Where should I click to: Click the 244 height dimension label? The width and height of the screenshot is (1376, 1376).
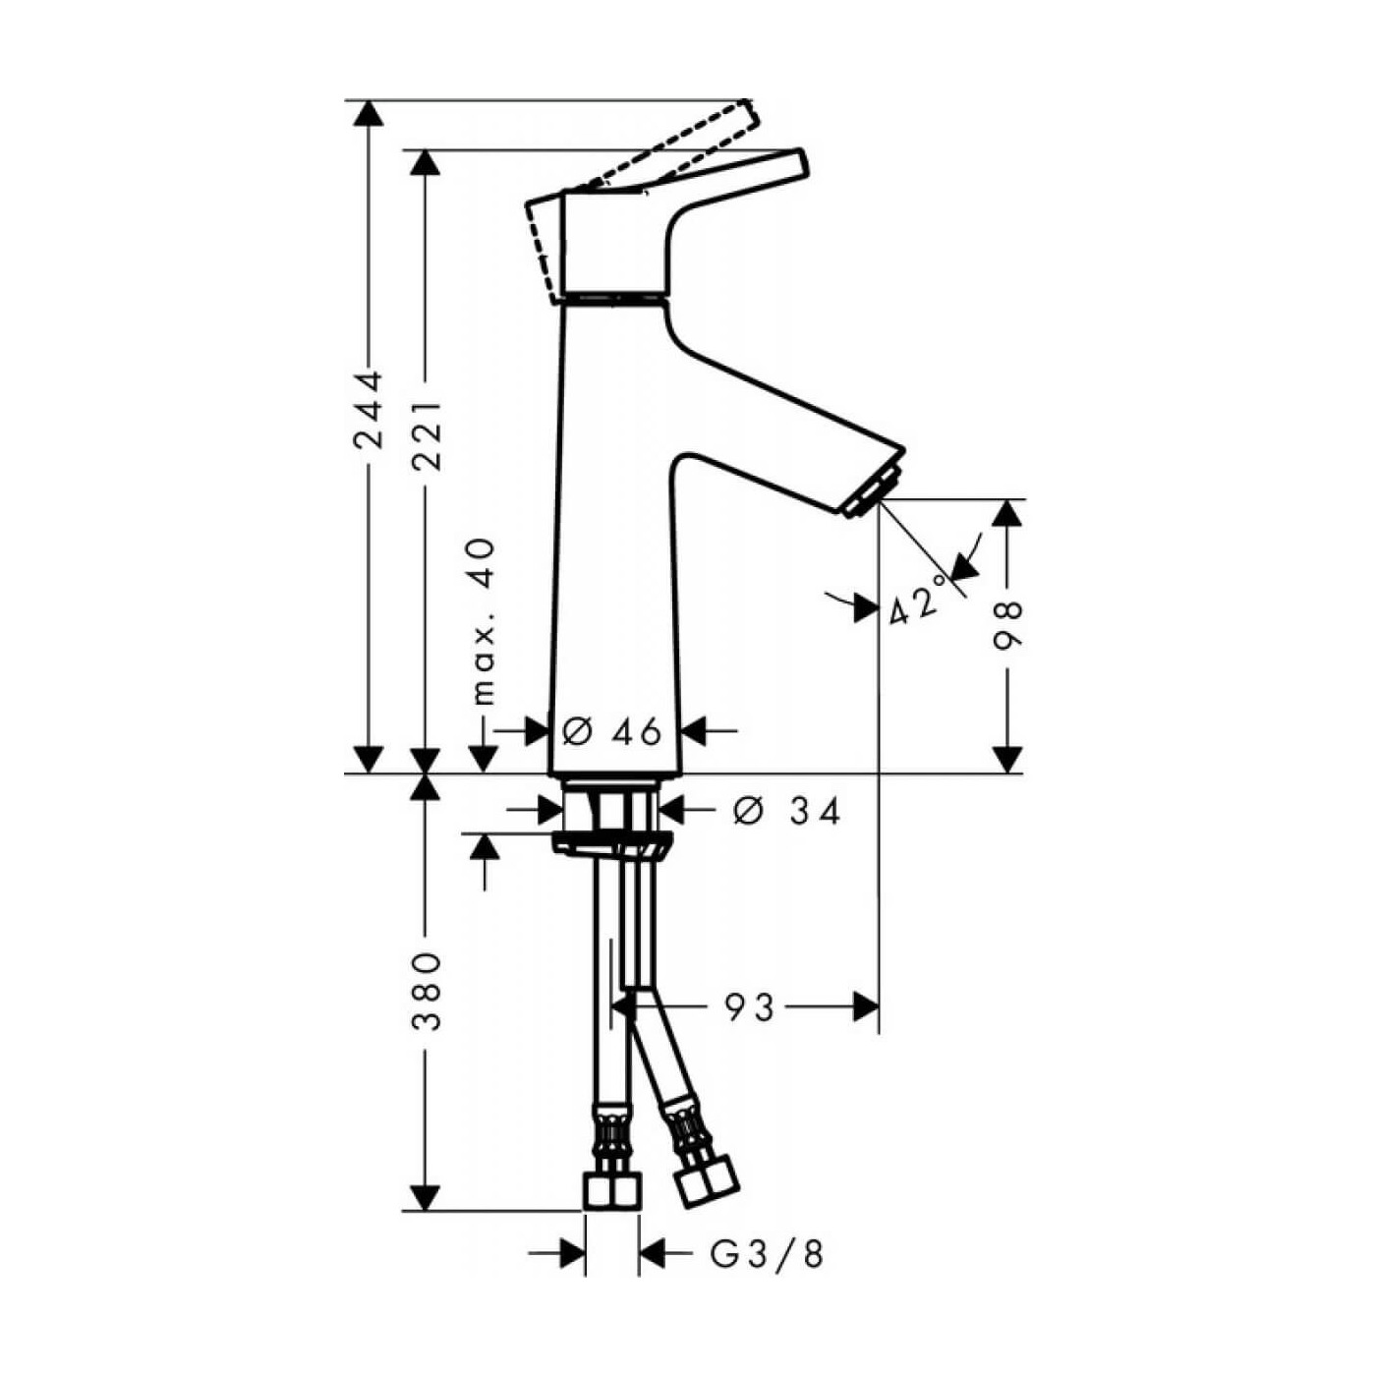pyautogui.click(x=369, y=410)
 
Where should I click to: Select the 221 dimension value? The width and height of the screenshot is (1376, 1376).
pyautogui.click(x=427, y=433)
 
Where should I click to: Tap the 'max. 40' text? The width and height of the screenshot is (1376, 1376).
pyautogui.click(x=484, y=622)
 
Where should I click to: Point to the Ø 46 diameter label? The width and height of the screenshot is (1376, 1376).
pyautogui.click(x=612, y=731)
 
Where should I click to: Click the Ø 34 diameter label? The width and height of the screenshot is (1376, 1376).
pyautogui.click(x=787, y=811)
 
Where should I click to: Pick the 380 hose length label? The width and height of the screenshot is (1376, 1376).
pyautogui.click(x=426, y=991)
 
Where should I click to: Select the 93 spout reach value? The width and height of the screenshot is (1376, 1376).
pyautogui.click(x=750, y=1006)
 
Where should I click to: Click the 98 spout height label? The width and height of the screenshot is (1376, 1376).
pyautogui.click(x=1007, y=626)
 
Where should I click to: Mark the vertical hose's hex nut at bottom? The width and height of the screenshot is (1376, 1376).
pyautogui.click(x=610, y=1191)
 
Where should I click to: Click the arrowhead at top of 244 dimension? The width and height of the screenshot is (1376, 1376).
pyautogui.click(x=369, y=113)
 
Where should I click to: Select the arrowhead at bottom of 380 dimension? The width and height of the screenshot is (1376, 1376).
pyautogui.click(x=425, y=1198)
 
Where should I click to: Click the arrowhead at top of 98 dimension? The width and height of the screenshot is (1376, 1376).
pyautogui.click(x=1007, y=513)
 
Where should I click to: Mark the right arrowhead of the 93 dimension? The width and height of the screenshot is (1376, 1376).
pyautogui.click(x=866, y=1006)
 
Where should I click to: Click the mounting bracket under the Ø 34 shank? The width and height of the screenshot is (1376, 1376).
pyautogui.click(x=611, y=843)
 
